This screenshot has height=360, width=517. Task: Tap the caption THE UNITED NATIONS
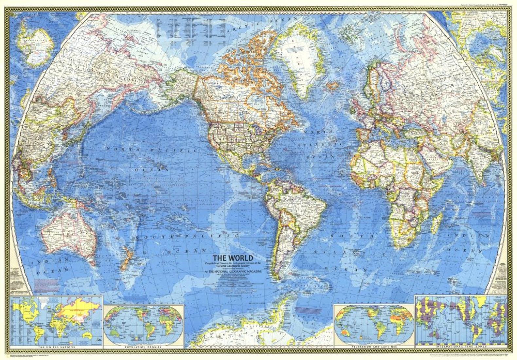pyautogui.click(x=57, y=347)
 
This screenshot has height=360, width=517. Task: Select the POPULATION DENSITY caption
pyautogui.click(x=144, y=347)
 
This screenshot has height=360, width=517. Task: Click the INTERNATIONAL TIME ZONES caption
pyautogui.click(x=460, y=347)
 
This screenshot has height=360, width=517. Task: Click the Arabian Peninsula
pyautogui.click(x=435, y=154)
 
